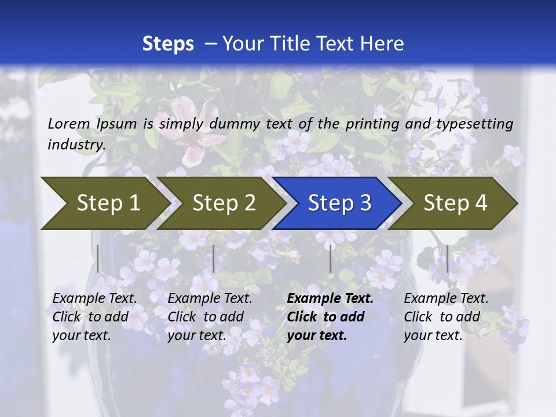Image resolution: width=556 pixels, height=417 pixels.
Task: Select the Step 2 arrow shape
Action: click(220, 203)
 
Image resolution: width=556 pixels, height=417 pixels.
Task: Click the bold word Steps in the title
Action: click(168, 44)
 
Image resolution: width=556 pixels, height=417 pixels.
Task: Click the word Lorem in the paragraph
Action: click(68, 123)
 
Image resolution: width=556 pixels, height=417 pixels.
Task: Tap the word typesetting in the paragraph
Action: click(474, 123)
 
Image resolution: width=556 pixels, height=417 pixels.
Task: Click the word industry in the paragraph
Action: click(76, 144)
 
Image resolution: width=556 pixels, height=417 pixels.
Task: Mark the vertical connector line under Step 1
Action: click(98, 258)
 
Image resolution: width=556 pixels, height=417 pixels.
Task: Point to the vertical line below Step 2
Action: click(214, 258)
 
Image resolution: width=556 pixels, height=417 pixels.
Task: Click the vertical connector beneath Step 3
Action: click(330, 258)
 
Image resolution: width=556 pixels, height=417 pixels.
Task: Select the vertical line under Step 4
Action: click(447, 258)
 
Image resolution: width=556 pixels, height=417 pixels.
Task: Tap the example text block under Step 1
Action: click(94, 317)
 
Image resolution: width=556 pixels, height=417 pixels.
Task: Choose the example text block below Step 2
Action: click(210, 317)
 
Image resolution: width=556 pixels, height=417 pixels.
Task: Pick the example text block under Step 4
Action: click(446, 317)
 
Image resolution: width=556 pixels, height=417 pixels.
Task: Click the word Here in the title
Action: click(382, 44)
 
